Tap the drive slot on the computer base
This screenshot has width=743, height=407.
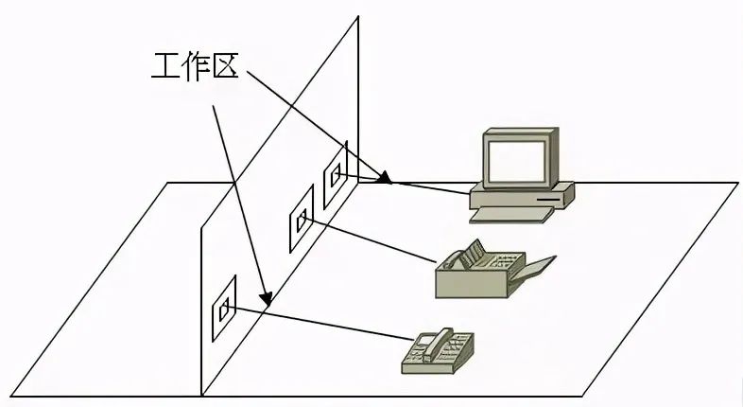click(x=548, y=201)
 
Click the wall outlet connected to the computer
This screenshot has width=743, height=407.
click(x=335, y=176)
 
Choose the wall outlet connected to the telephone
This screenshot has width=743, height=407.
click(x=223, y=309)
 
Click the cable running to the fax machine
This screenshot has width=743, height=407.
click(x=378, y=242)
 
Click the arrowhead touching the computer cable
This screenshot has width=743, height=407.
click(x=384, y=177)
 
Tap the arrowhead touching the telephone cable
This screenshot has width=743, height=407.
click(x=268, y=301)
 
